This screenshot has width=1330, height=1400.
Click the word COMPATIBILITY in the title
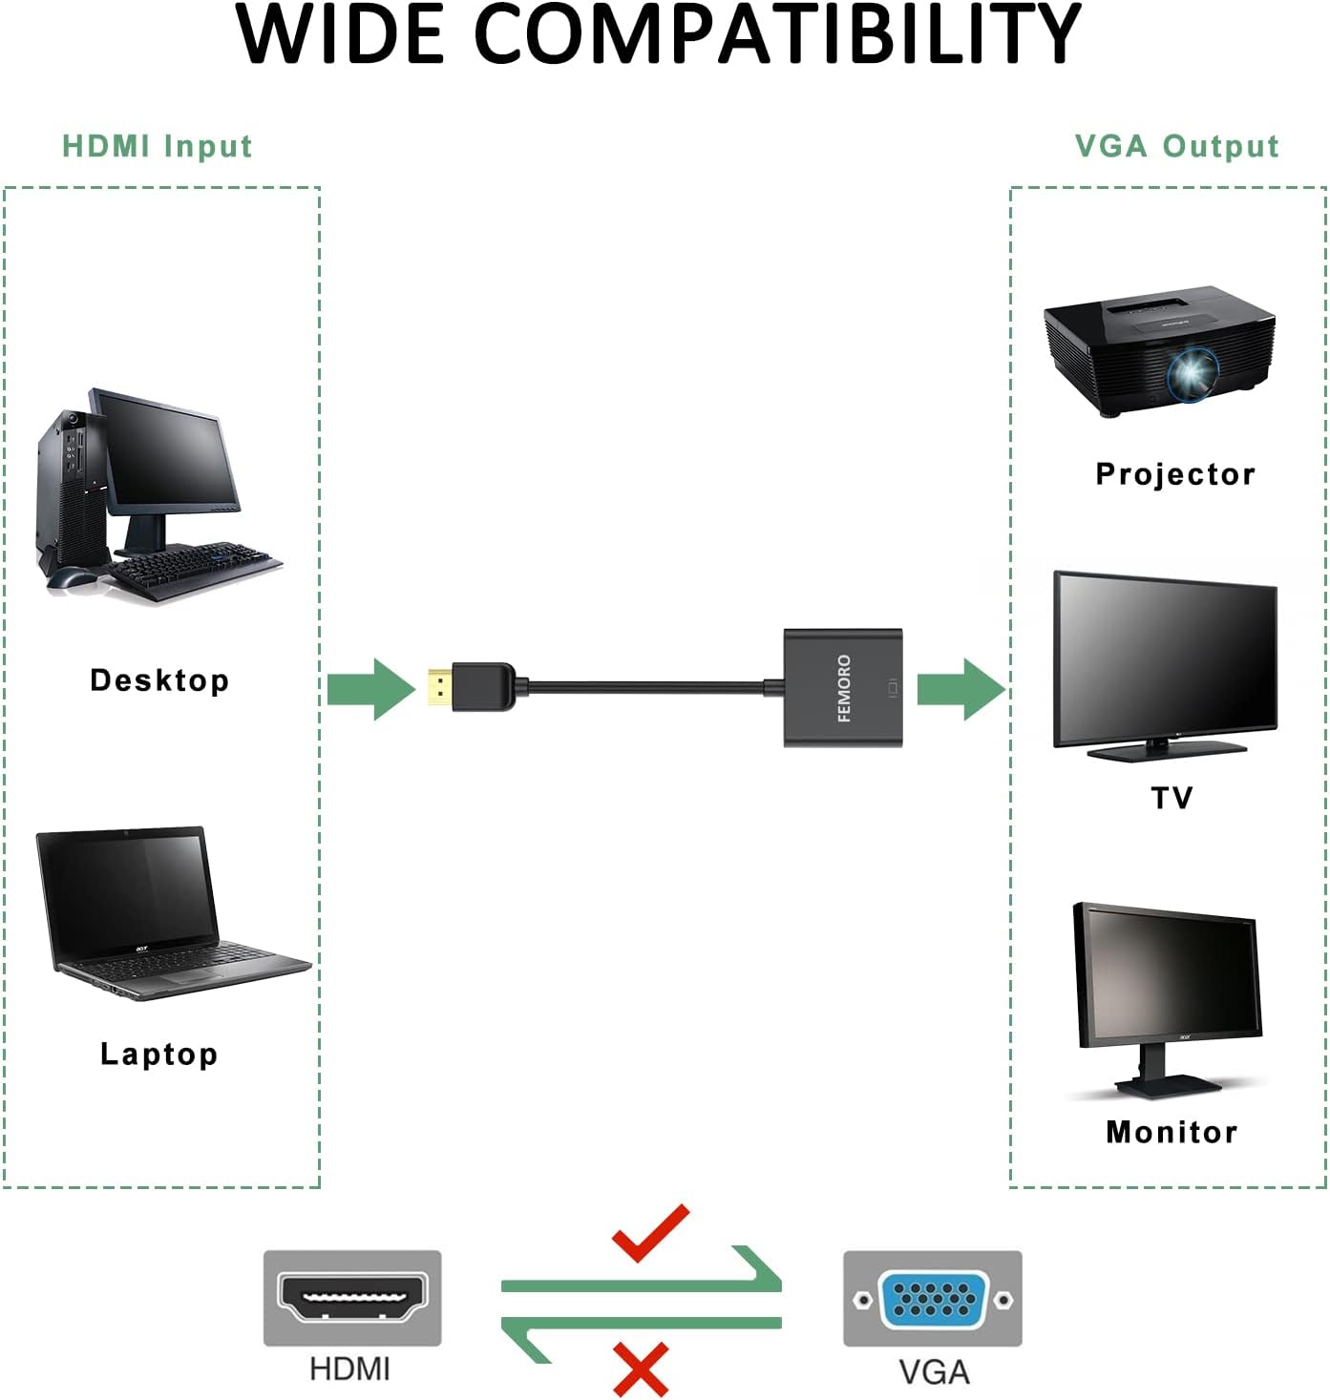click(x=776, y=35)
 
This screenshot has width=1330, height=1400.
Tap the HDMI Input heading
click(x=158, y=146)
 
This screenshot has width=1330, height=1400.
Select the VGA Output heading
click(x=1176, y=146)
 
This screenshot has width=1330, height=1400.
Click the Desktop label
click(x=159, y=680)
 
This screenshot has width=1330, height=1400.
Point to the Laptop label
click(x=159, y=1054)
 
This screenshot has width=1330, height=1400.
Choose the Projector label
click(x=1175, y=474)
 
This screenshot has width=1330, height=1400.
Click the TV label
click(x=1172, y=798)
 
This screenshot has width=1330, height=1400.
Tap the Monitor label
click(x=1172, y=1132)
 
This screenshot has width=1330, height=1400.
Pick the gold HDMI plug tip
click(x=438, y=688)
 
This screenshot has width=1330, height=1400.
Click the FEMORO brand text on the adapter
click(x=844, y=688)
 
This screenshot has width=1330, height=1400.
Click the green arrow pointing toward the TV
click(x=961, y=688)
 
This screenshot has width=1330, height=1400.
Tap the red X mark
click(x=641, y=1370)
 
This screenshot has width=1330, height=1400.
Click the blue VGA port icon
click(x=933, y=1299)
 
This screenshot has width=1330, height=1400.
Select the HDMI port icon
click(x=352, y=1298)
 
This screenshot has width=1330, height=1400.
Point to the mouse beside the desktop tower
click(x=72, y=577)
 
